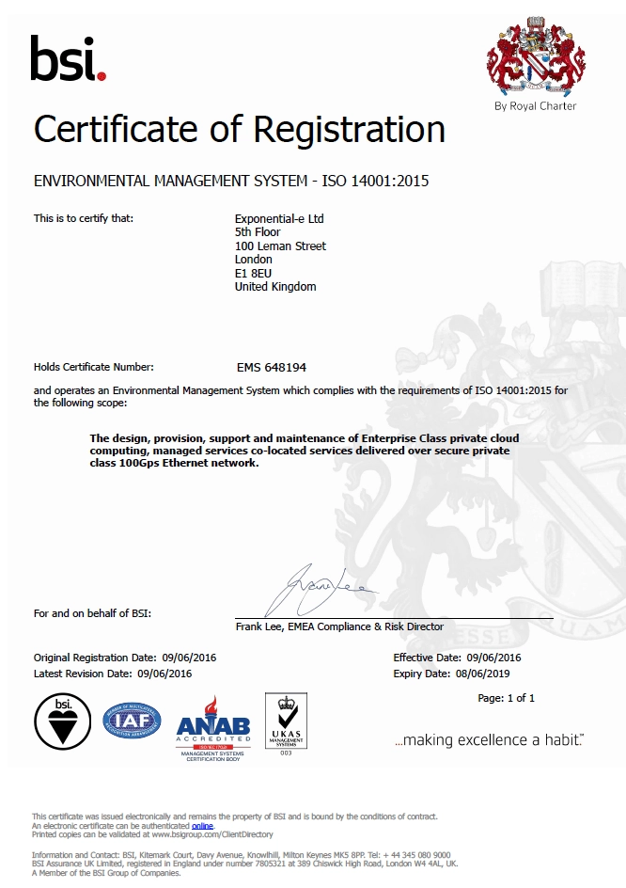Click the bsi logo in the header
tap(68, 58)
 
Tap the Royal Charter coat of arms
tap(535, 56)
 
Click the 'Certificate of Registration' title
tap(240, 129)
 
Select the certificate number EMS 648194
tap(272, 368)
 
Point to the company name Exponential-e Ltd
tap(279, 218)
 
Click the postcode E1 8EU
tap(253, 273)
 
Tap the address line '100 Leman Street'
tap(280, 246)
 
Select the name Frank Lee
tap(259, 626)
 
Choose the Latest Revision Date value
tap(164, 674)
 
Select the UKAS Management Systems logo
tap(286, 722)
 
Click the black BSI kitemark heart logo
tap(62, 721)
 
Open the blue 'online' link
tap(202, 825)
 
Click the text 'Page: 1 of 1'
tap(506, 698)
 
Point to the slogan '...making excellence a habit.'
tap(489, 740)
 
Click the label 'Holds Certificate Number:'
tap(94, 367)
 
